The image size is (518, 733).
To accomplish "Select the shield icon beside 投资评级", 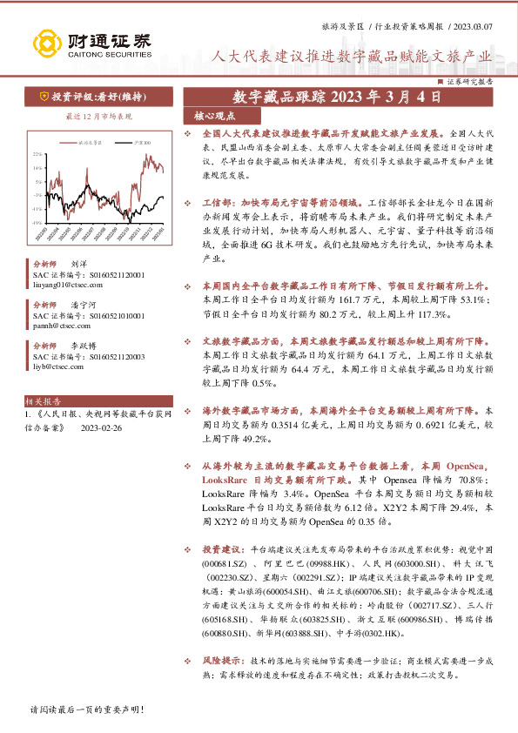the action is tap(43, 96).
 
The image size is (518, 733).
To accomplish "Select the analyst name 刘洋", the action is tap(78, 262).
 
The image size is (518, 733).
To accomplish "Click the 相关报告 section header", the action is tap(44, 402).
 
